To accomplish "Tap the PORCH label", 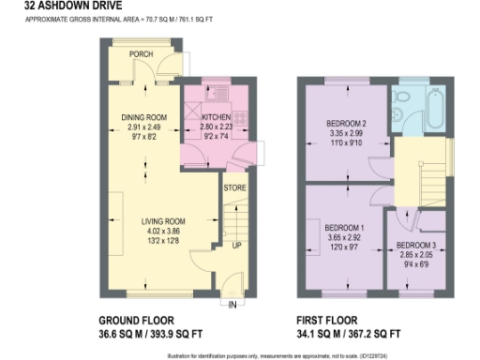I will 142,54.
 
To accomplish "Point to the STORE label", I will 234,188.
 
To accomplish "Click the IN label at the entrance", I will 231,304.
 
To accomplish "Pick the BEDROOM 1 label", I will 344,228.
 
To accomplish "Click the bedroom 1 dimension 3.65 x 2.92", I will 344,238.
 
